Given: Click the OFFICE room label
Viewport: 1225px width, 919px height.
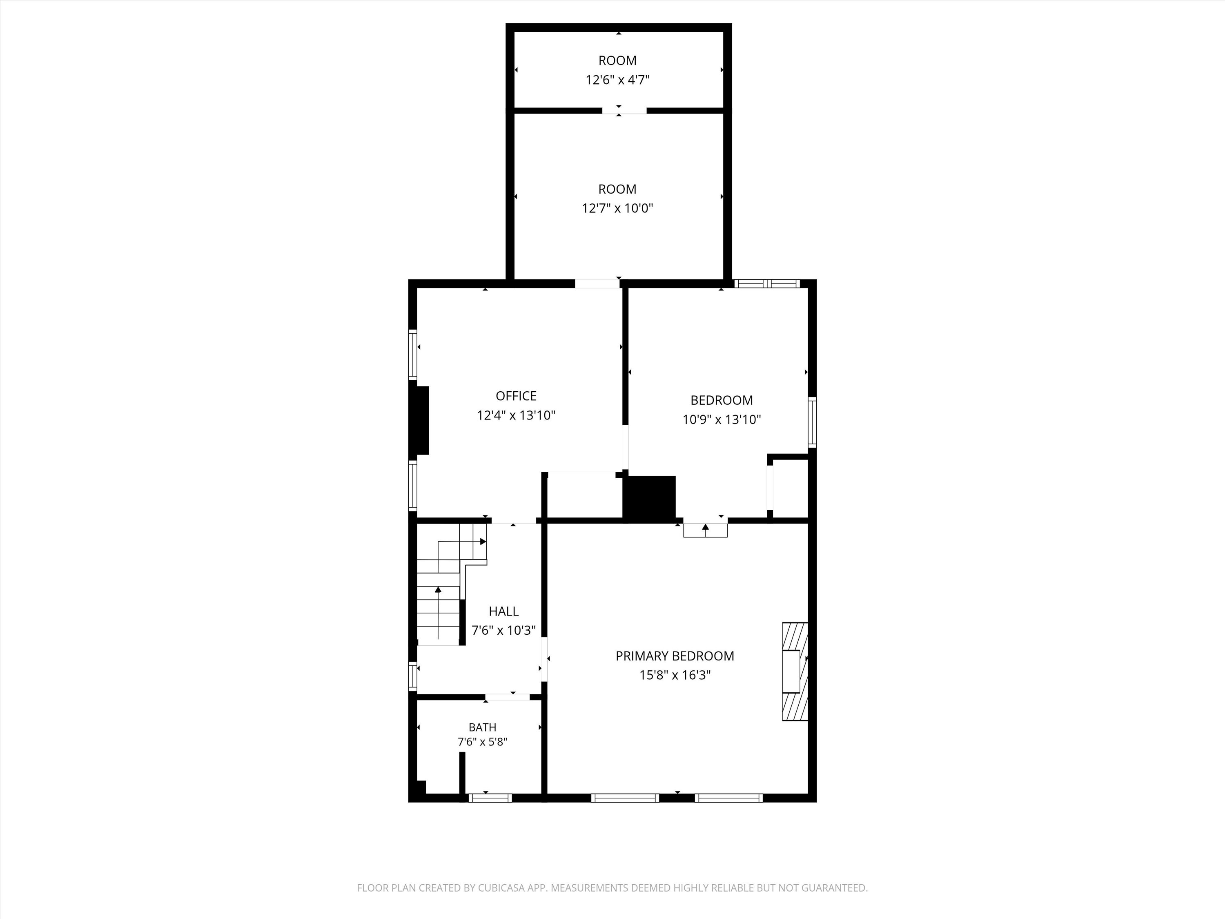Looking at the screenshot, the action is point(516,396).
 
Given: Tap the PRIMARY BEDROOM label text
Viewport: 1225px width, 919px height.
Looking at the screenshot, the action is point(675,656).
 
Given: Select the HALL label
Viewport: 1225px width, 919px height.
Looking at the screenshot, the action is point(503,611).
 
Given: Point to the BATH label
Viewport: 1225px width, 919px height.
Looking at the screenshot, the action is point(482,727).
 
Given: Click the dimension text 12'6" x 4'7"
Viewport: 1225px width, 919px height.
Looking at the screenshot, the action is point(617,80).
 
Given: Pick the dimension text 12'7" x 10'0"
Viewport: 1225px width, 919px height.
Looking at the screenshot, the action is point(617,208).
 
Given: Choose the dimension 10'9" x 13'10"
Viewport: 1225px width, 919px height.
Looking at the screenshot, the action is point(722,419).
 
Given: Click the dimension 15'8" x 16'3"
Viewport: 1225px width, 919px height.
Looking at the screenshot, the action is point(675,675).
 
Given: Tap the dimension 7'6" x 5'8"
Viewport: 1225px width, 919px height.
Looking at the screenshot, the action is point(482,742).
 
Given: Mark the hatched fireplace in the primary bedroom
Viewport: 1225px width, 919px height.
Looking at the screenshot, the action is point(795,671).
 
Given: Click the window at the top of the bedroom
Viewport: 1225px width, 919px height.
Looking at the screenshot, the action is point(767,283).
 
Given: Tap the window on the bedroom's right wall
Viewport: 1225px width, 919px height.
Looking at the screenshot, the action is point(813,422).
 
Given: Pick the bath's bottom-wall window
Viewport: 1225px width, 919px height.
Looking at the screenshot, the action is point(490,798).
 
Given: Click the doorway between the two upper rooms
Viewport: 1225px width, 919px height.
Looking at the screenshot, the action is point(624,110).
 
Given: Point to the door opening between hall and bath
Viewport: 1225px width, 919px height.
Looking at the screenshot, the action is point(508,697).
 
